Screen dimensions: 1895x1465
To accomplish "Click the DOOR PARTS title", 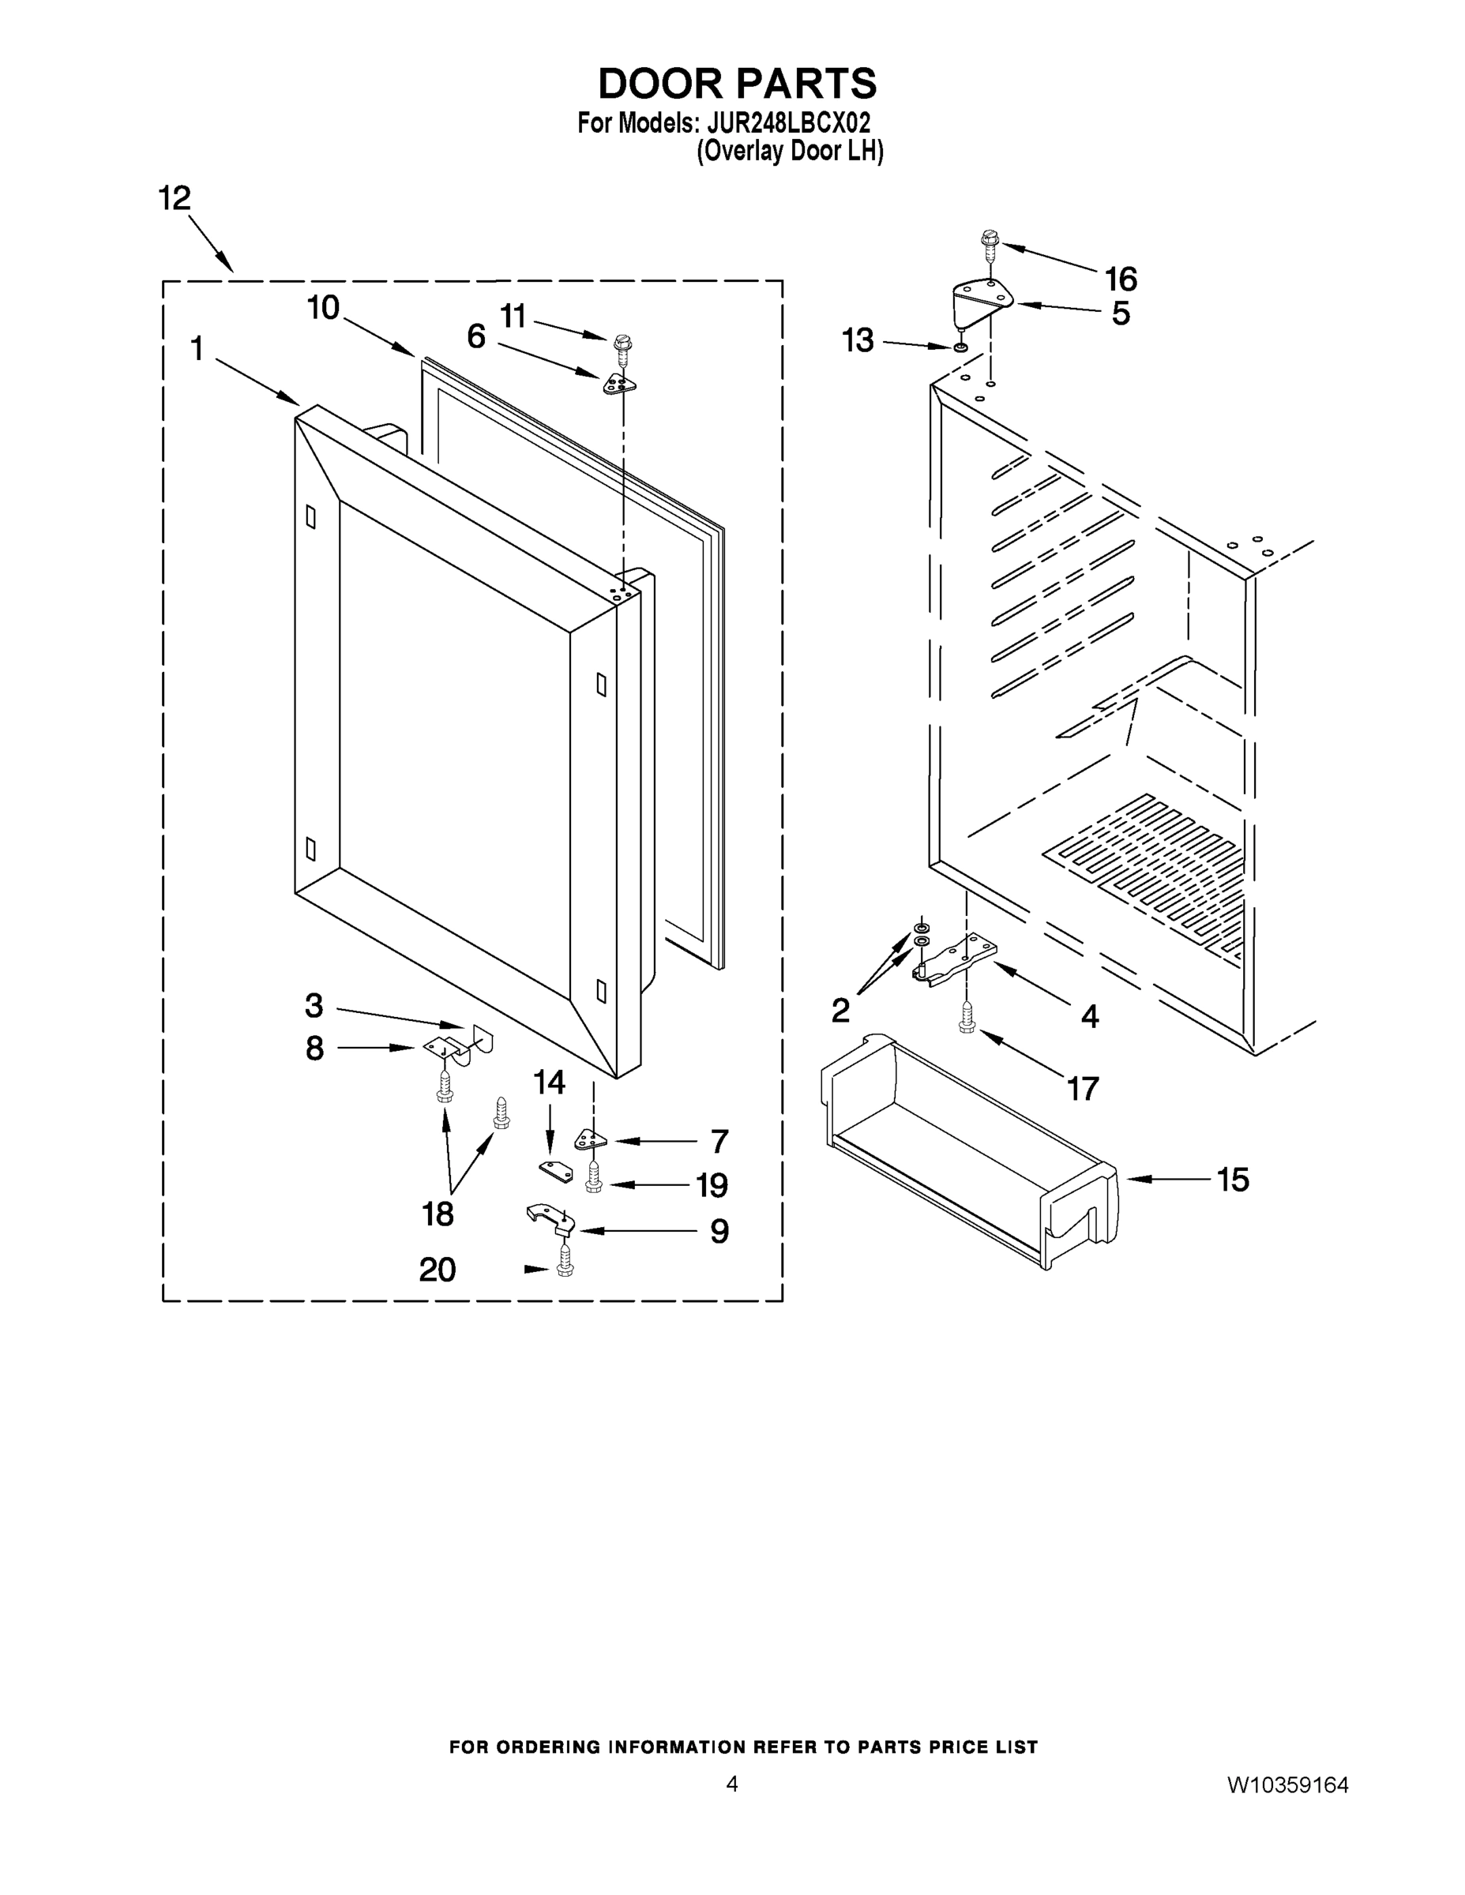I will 737,84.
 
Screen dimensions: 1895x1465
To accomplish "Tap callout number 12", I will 175,199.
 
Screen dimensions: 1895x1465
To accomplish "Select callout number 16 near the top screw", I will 1121,280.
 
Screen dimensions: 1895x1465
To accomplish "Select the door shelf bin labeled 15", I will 967,1150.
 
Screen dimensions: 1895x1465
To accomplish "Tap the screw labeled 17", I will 967,1019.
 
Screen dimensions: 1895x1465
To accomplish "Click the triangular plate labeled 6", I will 620,383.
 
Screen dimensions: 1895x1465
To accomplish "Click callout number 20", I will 438,1270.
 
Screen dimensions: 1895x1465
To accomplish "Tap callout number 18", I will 438,1214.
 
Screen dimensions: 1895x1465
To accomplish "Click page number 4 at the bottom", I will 731,1784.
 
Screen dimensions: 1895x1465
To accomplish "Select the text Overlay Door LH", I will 790,151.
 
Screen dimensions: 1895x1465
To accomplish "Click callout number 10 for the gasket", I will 324,308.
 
